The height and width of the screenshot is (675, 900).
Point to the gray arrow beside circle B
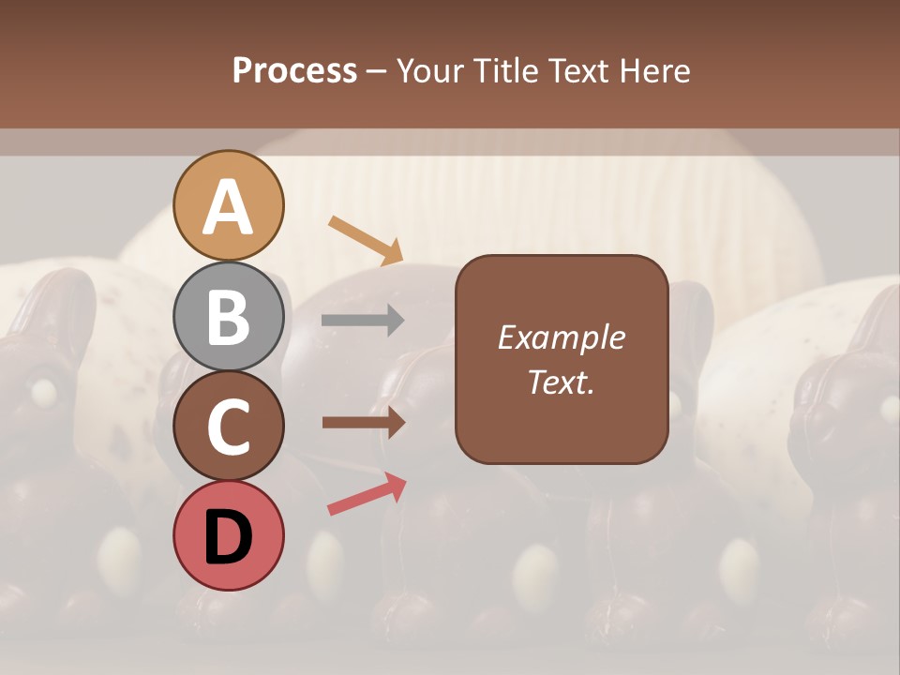tap(363, 321)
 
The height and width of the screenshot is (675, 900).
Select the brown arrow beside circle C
tap(364, 423)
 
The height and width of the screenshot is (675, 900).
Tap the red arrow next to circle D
tap(367, 494)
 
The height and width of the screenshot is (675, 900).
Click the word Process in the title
tap(294, 71)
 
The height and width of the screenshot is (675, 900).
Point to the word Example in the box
tap(561, 337)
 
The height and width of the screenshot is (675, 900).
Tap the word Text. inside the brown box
tap(561, 382)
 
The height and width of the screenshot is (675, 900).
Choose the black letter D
tap(229, 537)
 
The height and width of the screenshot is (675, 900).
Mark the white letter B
tap(229, 318)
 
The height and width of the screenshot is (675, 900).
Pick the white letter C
tap(229, 427)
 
